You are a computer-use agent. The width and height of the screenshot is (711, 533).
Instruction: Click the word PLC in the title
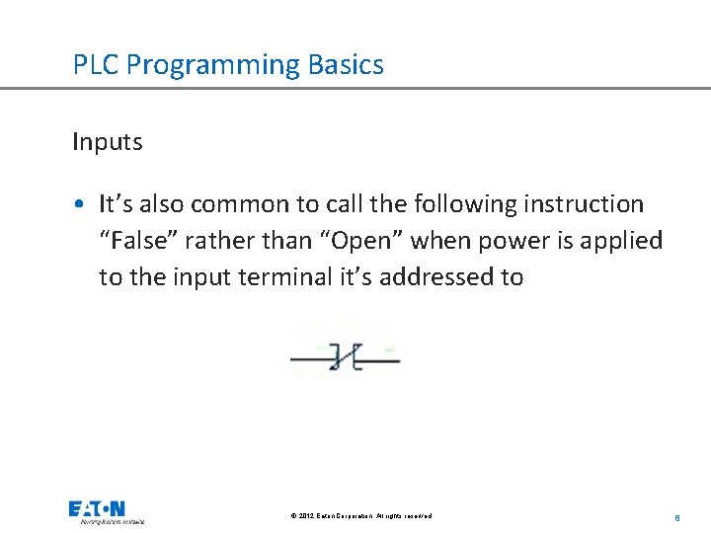click(x=96, y=65)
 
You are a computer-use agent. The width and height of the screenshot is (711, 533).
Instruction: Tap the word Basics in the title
click(x=346, y=65)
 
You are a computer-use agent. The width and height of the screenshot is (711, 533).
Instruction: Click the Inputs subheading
click(x=107, y=142)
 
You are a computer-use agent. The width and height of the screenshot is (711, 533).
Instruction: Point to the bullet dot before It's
click(x=79, y=205)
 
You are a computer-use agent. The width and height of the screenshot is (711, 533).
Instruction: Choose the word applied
click(x=624, y=241)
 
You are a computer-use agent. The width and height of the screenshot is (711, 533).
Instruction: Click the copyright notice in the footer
click(x=361, y=516)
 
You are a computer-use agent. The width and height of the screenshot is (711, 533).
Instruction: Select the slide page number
click(x=677, y=516)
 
